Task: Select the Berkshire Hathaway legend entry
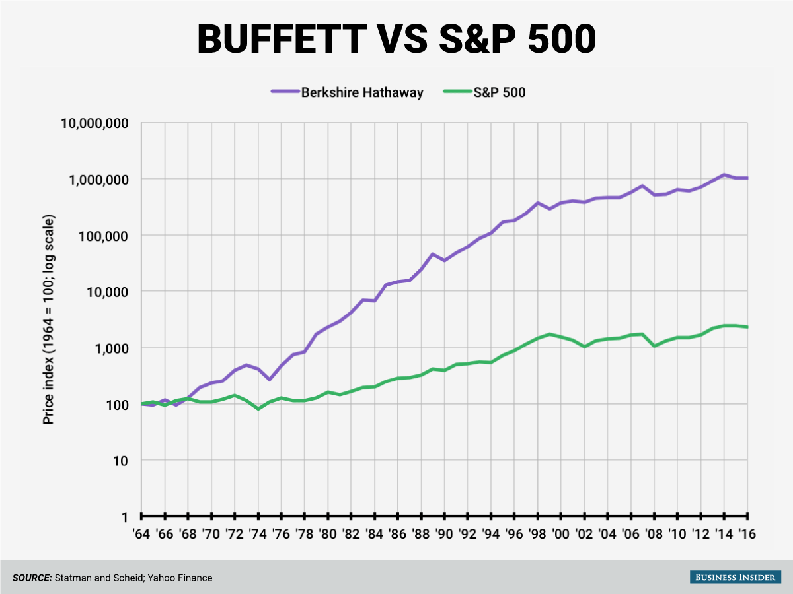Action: click(x=362, y=92)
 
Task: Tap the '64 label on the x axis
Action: click(x=141, y=533)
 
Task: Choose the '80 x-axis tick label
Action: click(x=327, y=533)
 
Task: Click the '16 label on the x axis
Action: click(x=747, y=533)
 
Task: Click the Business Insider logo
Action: click(x=732, y=577)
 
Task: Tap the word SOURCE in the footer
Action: click(x=32, y=577)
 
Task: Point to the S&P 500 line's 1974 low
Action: click(x=258, y=409)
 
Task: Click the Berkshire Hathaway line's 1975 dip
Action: click(x=270, y=379)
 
